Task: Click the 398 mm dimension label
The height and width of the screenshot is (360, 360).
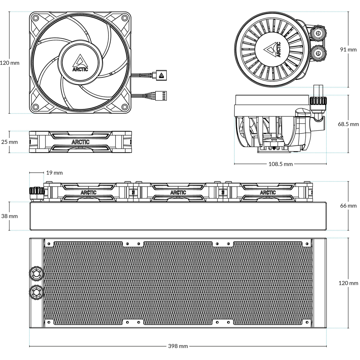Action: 178,346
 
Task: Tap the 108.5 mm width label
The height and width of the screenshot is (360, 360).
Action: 280,164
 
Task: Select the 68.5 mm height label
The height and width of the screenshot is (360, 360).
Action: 348,124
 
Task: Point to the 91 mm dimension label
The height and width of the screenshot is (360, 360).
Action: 348,49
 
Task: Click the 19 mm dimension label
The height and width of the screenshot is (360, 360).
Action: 55,173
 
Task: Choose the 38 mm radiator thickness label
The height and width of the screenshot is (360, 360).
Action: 9,216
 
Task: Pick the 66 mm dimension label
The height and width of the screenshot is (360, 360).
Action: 348,205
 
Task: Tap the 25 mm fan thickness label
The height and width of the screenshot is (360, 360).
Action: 9,142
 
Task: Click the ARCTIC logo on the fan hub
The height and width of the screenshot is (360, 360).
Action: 80,62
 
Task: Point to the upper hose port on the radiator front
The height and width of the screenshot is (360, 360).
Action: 36,273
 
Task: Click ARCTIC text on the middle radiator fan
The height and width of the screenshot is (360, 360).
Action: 178,193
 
